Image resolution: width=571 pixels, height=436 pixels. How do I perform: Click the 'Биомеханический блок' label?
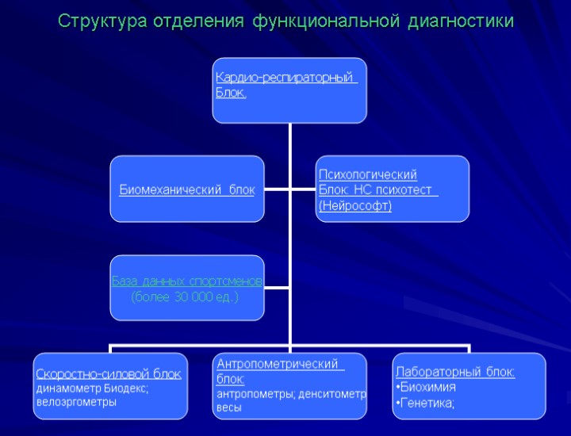click(186, 189)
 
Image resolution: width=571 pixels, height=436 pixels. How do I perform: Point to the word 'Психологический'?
click(367, 174)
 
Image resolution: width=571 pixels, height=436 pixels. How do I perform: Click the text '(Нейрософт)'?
click(354, 206)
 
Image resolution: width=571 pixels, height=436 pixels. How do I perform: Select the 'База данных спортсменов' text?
click(187, 281)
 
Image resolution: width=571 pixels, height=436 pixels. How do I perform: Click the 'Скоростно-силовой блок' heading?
click(108, 373)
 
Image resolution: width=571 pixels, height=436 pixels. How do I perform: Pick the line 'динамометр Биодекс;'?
click(92, 388)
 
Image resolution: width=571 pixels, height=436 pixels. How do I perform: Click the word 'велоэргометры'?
click(75, 402)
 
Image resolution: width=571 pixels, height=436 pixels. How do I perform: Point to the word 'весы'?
click(228, 407)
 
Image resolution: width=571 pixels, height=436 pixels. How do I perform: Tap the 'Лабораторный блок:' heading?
click(454, 373)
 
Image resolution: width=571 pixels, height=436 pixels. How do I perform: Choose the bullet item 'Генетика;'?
click(427, 403)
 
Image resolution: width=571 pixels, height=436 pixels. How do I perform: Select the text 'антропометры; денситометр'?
click(291, 394)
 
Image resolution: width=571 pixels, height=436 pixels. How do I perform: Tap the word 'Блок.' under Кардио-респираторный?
click(231, 93)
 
